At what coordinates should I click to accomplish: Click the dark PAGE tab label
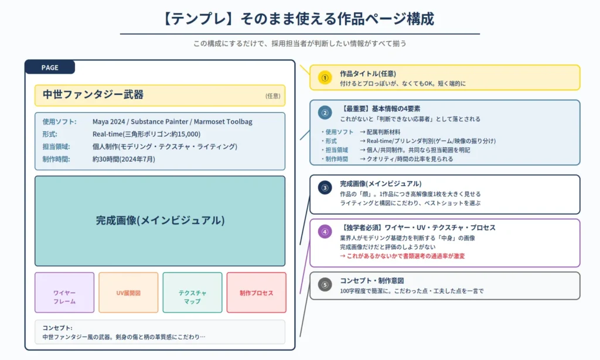click(x=50, y=67)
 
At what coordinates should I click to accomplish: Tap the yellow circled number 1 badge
click(x=325, y=78)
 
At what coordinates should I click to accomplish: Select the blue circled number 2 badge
click(x=325, y=113)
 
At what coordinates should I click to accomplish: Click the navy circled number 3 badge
click(x=325, y=188)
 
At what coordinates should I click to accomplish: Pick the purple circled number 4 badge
click(x=325, y=232)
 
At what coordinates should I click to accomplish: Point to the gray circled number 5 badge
click(x=325, y=284)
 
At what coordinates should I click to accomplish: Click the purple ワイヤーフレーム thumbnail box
click(x=64, y=293)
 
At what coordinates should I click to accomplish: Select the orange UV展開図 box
click(x=128, y=293)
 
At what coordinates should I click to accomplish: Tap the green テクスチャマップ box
click(x=192, y=293)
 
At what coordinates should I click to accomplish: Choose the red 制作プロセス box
click(x=257, y=293)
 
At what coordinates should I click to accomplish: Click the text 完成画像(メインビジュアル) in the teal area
click(x=160, y=220)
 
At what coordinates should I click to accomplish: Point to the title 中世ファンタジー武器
click(x=93, y=94)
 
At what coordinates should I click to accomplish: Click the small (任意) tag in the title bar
click(x=273, y=96)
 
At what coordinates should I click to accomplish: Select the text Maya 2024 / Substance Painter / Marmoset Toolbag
click(x=172, y=122)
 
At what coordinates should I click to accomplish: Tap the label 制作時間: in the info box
click(x=56, y=159)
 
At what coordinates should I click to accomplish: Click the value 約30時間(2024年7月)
click(x=124, y=159)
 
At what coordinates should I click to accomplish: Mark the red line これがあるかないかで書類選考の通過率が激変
click(x=402, y=256)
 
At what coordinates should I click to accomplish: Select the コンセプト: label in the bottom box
click(x=57, y=328)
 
